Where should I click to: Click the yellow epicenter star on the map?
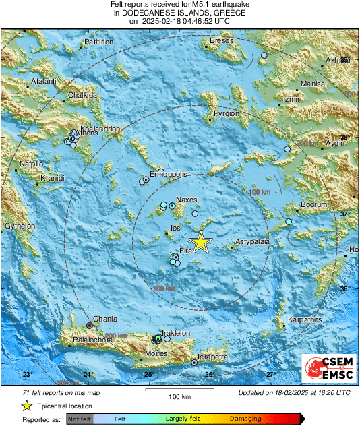(x=200, y=242)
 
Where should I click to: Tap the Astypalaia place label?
(x=252, y=241)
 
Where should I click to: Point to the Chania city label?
(x=104, y=319)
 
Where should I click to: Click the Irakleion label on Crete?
(x=177, y=333)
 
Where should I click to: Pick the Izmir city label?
(x=291, y=99)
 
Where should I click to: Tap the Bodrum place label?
(x=313, y=204)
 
